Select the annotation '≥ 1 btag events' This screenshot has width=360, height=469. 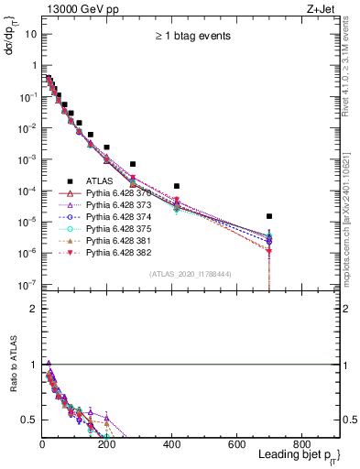[191, 37]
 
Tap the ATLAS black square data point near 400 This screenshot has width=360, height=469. [177, 186]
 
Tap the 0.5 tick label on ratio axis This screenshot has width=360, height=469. [29, 420]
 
